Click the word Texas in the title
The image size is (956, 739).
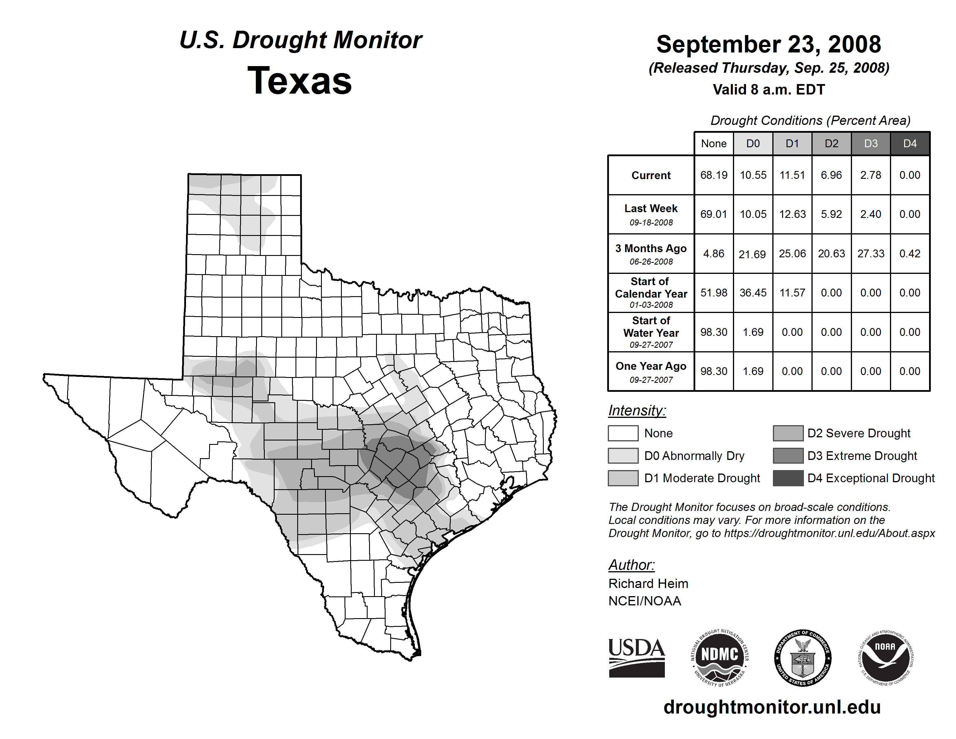pyautogui.click(x=300, y=81)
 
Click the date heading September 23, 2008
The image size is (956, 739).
pyautogui.click(x=768, y=44)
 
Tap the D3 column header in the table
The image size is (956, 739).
pyautogui.click(x=871, y=143)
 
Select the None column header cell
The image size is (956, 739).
pyautogui.click(x=714, y=143)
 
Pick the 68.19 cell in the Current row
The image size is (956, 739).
pyautogui.click(x=714, y=175)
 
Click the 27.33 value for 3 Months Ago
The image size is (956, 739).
pyautogui.click(x=871, y=254)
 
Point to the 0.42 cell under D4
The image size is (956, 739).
pyautogui.click(x=910, y=254)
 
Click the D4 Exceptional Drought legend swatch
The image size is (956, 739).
pyautogui.click(x=788, y=478)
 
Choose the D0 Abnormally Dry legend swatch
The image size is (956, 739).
pyautogui.click(x=623, y=456)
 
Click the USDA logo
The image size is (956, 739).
pyautogui.click(x=636, y=658)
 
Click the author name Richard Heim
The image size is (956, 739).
pyautogui.click(x=648, y=584)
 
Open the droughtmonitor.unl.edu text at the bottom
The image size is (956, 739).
pyautogui.click(x=772, y=707)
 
